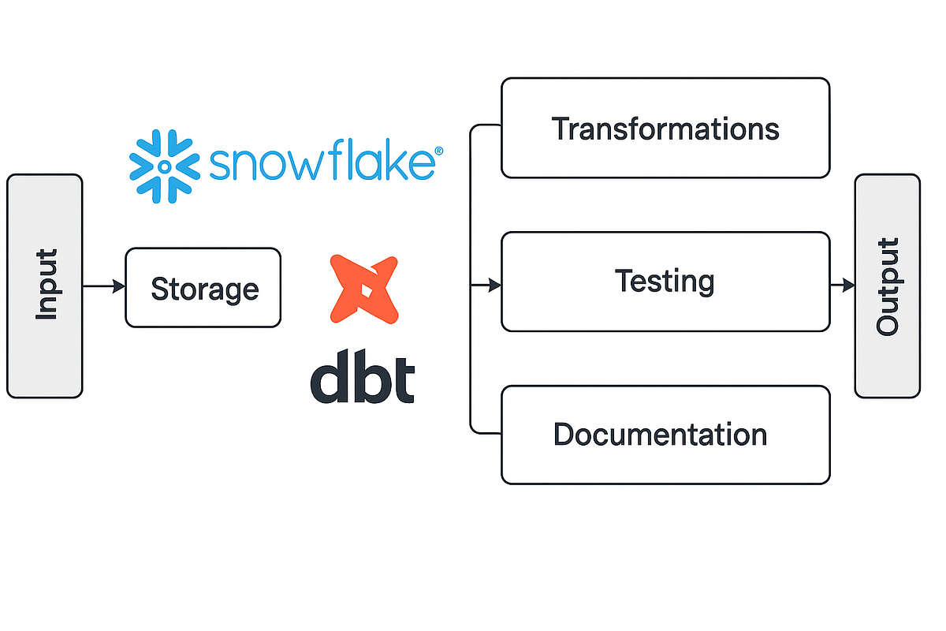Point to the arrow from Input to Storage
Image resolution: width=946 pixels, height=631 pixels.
coord(103,286)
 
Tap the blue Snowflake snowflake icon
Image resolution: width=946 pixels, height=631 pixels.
coord(163,166)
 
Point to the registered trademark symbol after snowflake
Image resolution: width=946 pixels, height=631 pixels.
coord(439,150)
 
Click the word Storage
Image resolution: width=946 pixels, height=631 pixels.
coord(204,289)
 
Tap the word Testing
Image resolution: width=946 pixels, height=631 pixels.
coord(665,281)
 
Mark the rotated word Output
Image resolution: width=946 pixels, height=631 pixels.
coord(888,286)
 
